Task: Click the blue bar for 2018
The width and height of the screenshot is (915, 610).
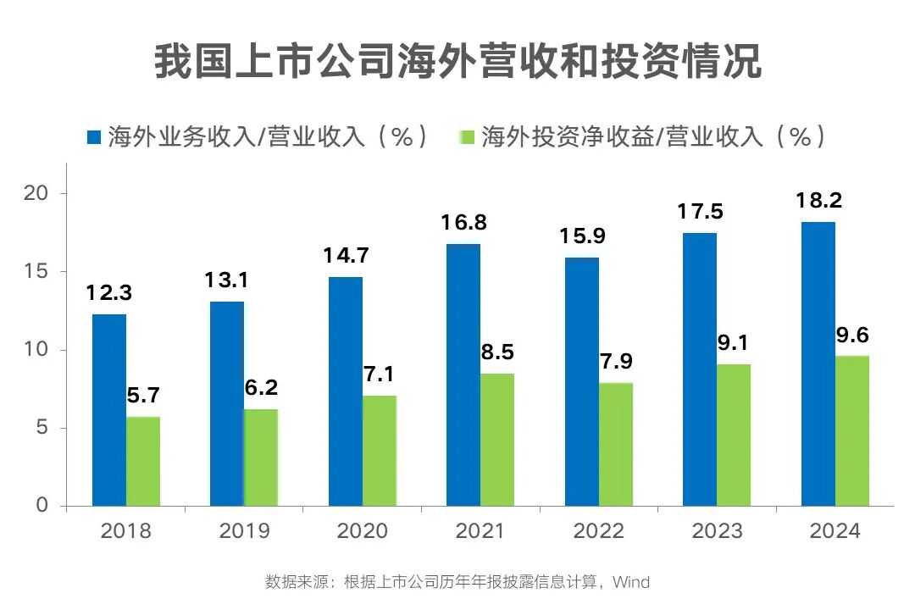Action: tap(109, 410)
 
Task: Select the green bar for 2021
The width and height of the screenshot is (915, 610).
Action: tap(497, 440)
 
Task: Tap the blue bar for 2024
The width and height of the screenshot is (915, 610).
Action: tap(818, 363)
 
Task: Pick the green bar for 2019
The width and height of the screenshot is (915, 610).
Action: tap(261, 457)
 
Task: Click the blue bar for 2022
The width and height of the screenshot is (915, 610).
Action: tap(582, 381)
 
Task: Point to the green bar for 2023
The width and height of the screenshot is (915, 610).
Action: tap(734, 435)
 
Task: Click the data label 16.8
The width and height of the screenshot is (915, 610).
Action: tap(463, 224)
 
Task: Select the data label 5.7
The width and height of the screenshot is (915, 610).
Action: tap(143, 396)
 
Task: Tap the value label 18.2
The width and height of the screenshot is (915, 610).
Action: tap(818, 202)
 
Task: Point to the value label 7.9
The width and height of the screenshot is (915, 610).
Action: tap(616, 362)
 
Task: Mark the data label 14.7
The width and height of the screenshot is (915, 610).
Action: tap(345, 256)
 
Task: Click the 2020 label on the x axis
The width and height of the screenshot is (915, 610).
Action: tap(362, 531)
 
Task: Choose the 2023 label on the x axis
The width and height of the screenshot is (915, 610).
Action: tap(717, 531)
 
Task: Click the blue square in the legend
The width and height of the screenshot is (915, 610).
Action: tap(94, 136)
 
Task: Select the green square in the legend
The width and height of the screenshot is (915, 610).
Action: tap(466, 136)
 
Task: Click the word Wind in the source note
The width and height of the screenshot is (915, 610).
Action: tap(631, 582)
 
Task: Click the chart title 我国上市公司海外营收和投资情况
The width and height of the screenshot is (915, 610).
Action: tap(457, 63)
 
